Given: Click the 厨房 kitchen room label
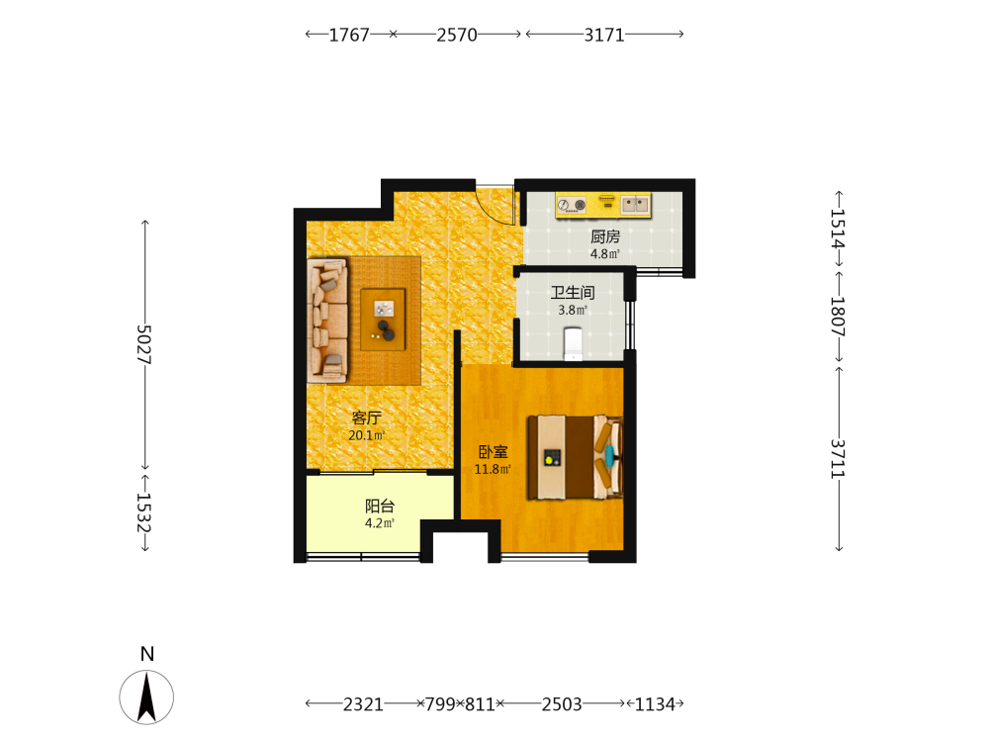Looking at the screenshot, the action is [x=605, y=236].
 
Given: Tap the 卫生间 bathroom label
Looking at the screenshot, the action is [x=573, y=292].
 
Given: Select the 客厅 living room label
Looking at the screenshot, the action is [x=367, y=417].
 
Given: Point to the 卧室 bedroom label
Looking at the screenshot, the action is [x=493, y=452].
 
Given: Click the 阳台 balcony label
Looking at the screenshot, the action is [x=380, y=506].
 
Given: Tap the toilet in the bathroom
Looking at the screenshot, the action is [x=573, y=343].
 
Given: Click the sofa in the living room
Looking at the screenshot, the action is [x=327, y=320].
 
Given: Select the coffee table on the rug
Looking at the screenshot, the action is [x=383, y=320].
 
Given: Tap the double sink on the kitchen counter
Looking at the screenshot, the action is [x=635, y=204].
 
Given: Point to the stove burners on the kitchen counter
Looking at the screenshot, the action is [x=572, y=205].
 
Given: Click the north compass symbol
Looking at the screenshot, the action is [x=146, y=696].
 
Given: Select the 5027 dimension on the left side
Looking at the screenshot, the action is [x=144, y=344].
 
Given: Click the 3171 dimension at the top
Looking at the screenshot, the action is [x=604, y=35].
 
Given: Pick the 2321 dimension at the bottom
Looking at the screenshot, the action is [x=363, y=704].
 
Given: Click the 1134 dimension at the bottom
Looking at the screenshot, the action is [x=655, y=704].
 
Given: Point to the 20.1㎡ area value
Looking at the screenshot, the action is [x=367, y=435].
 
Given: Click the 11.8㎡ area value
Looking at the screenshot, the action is [x=493, y=469].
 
